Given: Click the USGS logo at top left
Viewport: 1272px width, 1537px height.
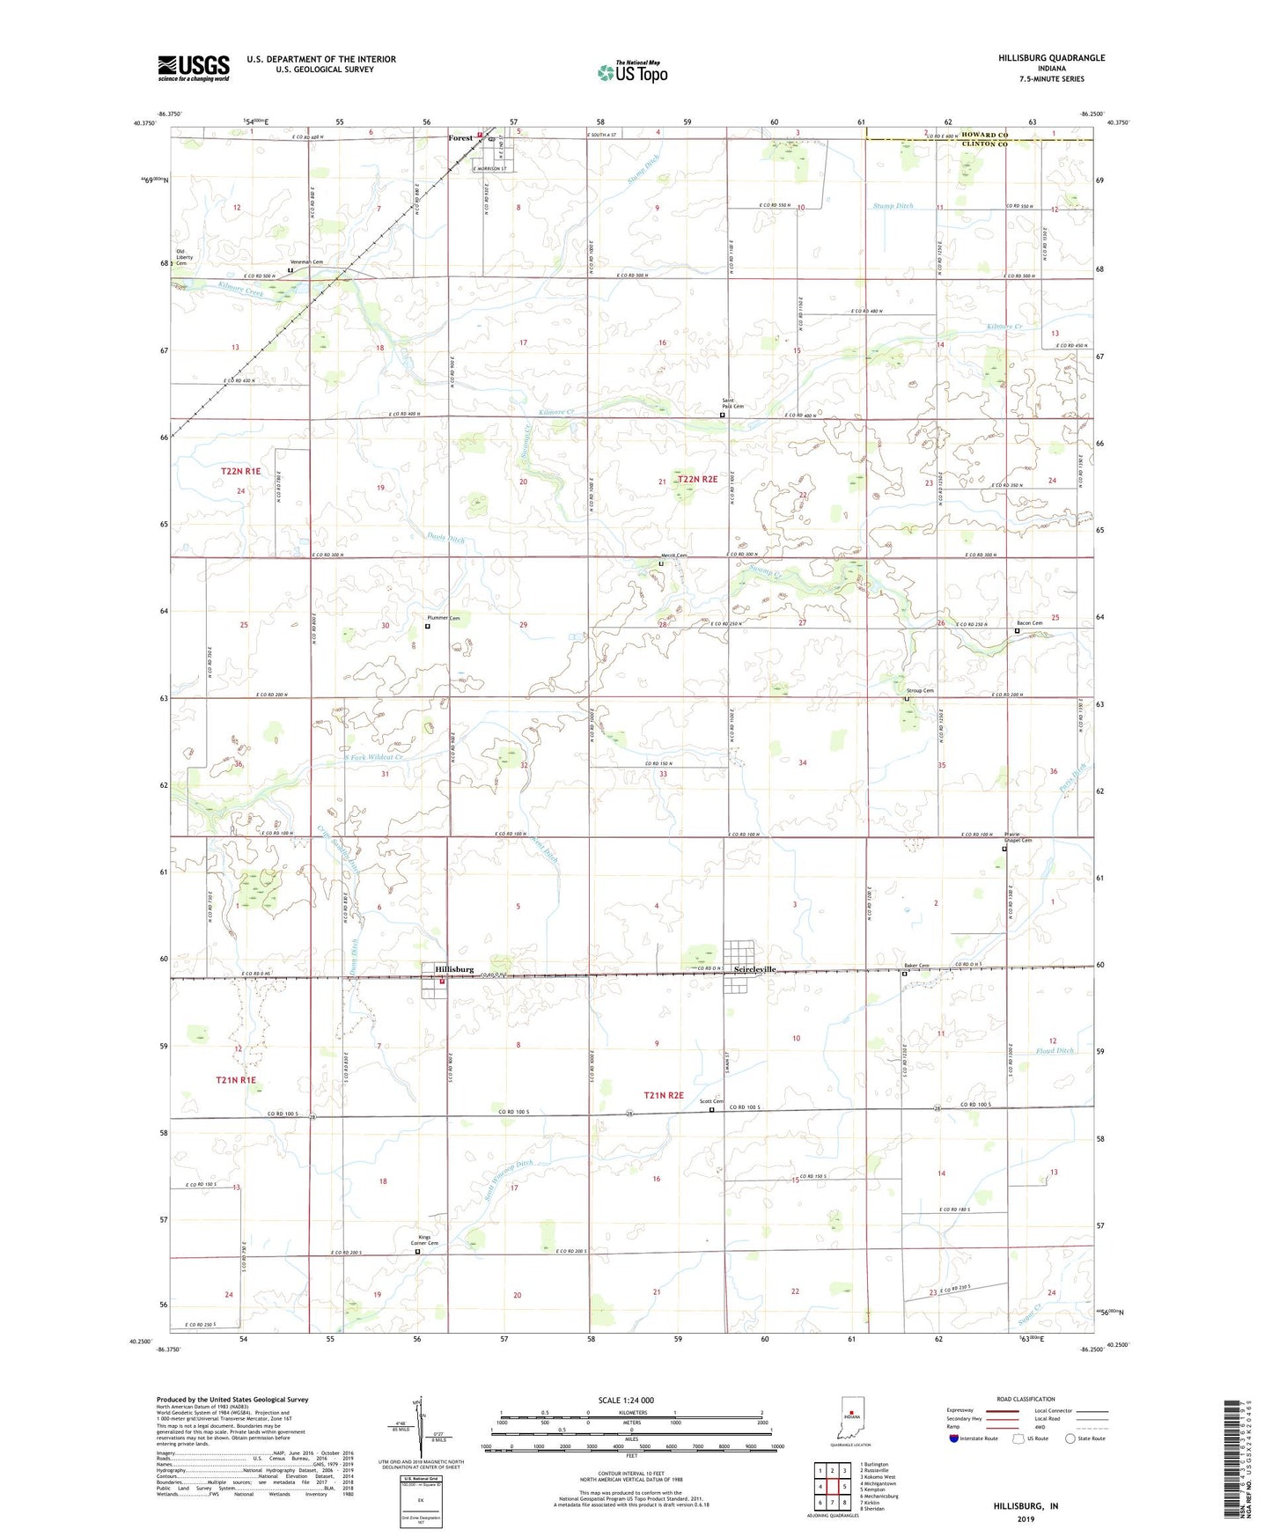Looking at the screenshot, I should click(194, 67).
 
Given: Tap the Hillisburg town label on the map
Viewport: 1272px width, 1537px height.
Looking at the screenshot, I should click(454, 969).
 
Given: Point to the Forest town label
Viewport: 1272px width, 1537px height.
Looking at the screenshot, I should click(460, 138).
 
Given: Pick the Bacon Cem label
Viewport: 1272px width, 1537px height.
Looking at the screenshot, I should click(1030, 623).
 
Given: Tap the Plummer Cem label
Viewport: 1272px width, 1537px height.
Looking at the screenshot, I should click(444, 618).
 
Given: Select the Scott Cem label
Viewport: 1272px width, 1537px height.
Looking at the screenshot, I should click(711, 1101).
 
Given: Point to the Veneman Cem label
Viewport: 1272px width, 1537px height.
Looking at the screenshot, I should click(307, 262).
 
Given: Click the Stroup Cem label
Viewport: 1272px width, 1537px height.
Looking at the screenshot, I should click(920, 691).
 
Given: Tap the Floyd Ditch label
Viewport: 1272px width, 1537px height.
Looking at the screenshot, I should click(1055, 1051).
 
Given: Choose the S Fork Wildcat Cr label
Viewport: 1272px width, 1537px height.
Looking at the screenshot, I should click(361, 757).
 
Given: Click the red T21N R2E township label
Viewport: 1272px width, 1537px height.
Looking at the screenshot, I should click(664, 1095).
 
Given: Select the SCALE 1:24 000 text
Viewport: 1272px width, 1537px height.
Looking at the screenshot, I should click(626, 1400).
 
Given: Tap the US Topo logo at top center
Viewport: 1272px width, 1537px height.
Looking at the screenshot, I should click(632, 72).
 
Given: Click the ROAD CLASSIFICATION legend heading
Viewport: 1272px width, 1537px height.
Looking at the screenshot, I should click(1026, 1399).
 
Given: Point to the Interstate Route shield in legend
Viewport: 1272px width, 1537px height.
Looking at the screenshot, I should click(954, 1438).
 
